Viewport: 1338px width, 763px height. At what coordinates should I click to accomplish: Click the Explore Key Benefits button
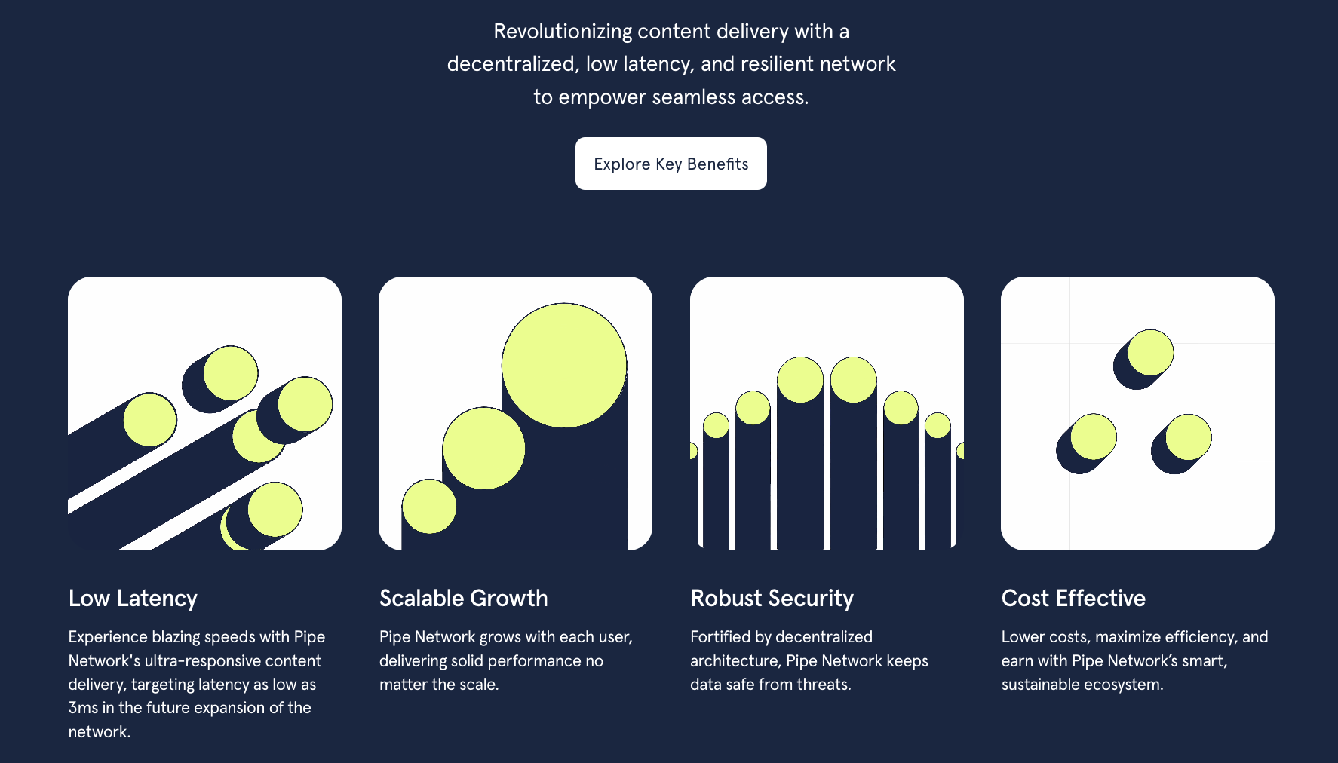click(671, 164)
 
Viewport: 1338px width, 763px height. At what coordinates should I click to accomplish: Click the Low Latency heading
click(133, 599)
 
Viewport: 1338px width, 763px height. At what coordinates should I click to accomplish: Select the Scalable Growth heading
click(464, 599)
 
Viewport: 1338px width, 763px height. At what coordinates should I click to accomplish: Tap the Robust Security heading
click(772, 599)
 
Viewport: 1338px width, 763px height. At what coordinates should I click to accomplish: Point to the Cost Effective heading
click(1073, 599)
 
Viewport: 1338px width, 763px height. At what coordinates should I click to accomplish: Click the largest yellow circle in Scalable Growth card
click(564, 366)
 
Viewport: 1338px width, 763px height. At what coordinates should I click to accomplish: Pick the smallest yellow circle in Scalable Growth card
click(429, 507)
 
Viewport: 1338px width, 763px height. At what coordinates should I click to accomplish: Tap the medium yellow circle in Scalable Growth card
click(483, 449)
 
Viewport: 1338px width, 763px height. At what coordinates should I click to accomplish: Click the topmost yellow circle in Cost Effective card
click(1151, 352)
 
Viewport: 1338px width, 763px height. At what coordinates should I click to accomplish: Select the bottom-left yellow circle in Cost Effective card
click(1094, 437)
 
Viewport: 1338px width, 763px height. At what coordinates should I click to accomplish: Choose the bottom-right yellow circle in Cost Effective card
click(1189, 437)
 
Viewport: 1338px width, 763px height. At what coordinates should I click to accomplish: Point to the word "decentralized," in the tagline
click(513, 64)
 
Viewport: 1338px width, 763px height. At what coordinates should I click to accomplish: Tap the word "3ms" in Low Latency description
click(83, 708)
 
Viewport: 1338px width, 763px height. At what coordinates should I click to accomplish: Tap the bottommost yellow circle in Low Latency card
click(275, 510)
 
